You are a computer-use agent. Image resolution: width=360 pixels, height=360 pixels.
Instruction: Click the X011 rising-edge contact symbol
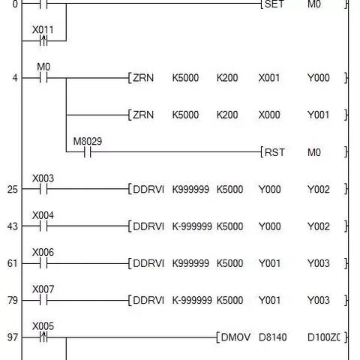pyautogui.click(x=43, y=40)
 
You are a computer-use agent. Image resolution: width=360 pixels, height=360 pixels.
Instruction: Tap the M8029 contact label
pyautogui.click(x=88, y=141)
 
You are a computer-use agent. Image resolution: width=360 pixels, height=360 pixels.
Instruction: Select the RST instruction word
pyautogui.click(x=274, y=152)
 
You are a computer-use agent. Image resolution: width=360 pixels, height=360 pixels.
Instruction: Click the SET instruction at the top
pyautogui.click(x=274, y=4)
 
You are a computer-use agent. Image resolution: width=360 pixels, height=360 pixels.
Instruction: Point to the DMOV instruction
pyautogui.click(x=235, y=337)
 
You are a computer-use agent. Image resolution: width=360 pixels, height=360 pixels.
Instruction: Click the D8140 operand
pyautogui.click(x=272, y=337)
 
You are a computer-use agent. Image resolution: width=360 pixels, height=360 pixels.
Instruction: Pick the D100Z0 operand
pyautogui.click(x=324, y=337)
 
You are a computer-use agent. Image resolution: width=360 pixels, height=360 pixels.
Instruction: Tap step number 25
pyautogui.click(x=13, y=190)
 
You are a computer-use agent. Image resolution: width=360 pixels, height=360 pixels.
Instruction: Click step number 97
pyautogui.click(x=13, y=337)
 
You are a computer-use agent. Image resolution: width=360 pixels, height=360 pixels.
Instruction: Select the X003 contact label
pyautogui.click(x=43, y=178)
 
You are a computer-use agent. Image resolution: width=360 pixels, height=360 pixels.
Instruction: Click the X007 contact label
pyautogui.click(x=43, y=289)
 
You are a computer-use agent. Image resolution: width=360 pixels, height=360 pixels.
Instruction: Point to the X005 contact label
pyautogui.click(x=43, y=326)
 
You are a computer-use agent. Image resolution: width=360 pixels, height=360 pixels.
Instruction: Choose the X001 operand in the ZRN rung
pyautogui.click(x=269, y=78)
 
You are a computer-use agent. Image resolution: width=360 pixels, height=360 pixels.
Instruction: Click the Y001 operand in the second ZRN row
pyautogui.click(x=318, y=115)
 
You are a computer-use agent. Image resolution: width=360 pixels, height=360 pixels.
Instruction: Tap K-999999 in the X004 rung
pyautogui.click(x=192, y=226)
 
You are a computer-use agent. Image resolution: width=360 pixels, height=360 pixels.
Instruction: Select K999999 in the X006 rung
pyautogui.click(x=190, y=263)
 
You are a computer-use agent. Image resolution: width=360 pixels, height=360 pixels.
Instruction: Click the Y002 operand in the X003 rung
pyautogui.click(x=319, y=189)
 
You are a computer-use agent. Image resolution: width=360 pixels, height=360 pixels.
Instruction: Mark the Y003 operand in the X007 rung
pyautogui.click(x=319, y=300)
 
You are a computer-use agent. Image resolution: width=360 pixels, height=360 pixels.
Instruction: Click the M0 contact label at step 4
pyautogui.click(x=43, y=67)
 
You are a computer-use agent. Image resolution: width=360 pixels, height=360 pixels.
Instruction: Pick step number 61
pyautogui.click(x=13, y=263)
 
